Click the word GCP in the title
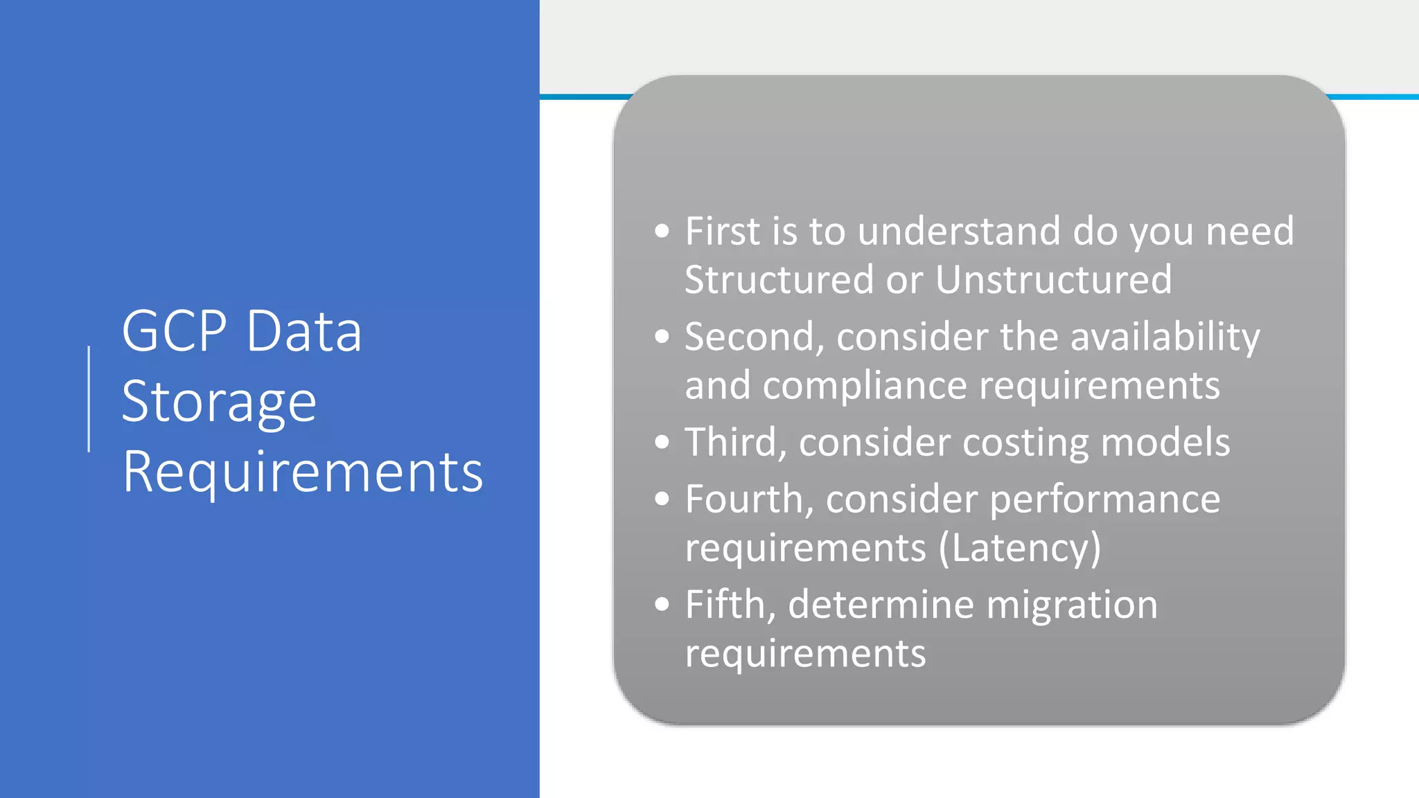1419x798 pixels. pos(174,331)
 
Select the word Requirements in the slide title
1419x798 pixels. pos(302,472)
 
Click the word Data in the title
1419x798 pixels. pos(304,331)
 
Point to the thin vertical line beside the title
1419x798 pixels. pos(89,399)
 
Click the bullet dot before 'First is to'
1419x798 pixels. pos(662,231)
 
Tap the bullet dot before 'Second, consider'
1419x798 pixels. pos(662,337)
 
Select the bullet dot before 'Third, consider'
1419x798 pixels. pos(662,442)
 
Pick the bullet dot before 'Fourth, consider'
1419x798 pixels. pos(662,499)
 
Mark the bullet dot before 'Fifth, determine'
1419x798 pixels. pos(662,605)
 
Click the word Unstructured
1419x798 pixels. pos(1053,279)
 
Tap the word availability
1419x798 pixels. pos(1165,337)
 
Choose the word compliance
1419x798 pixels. pos(865,386)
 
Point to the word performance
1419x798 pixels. pos(1104,499)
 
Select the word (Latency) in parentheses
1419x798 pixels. pos(1019,548)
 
